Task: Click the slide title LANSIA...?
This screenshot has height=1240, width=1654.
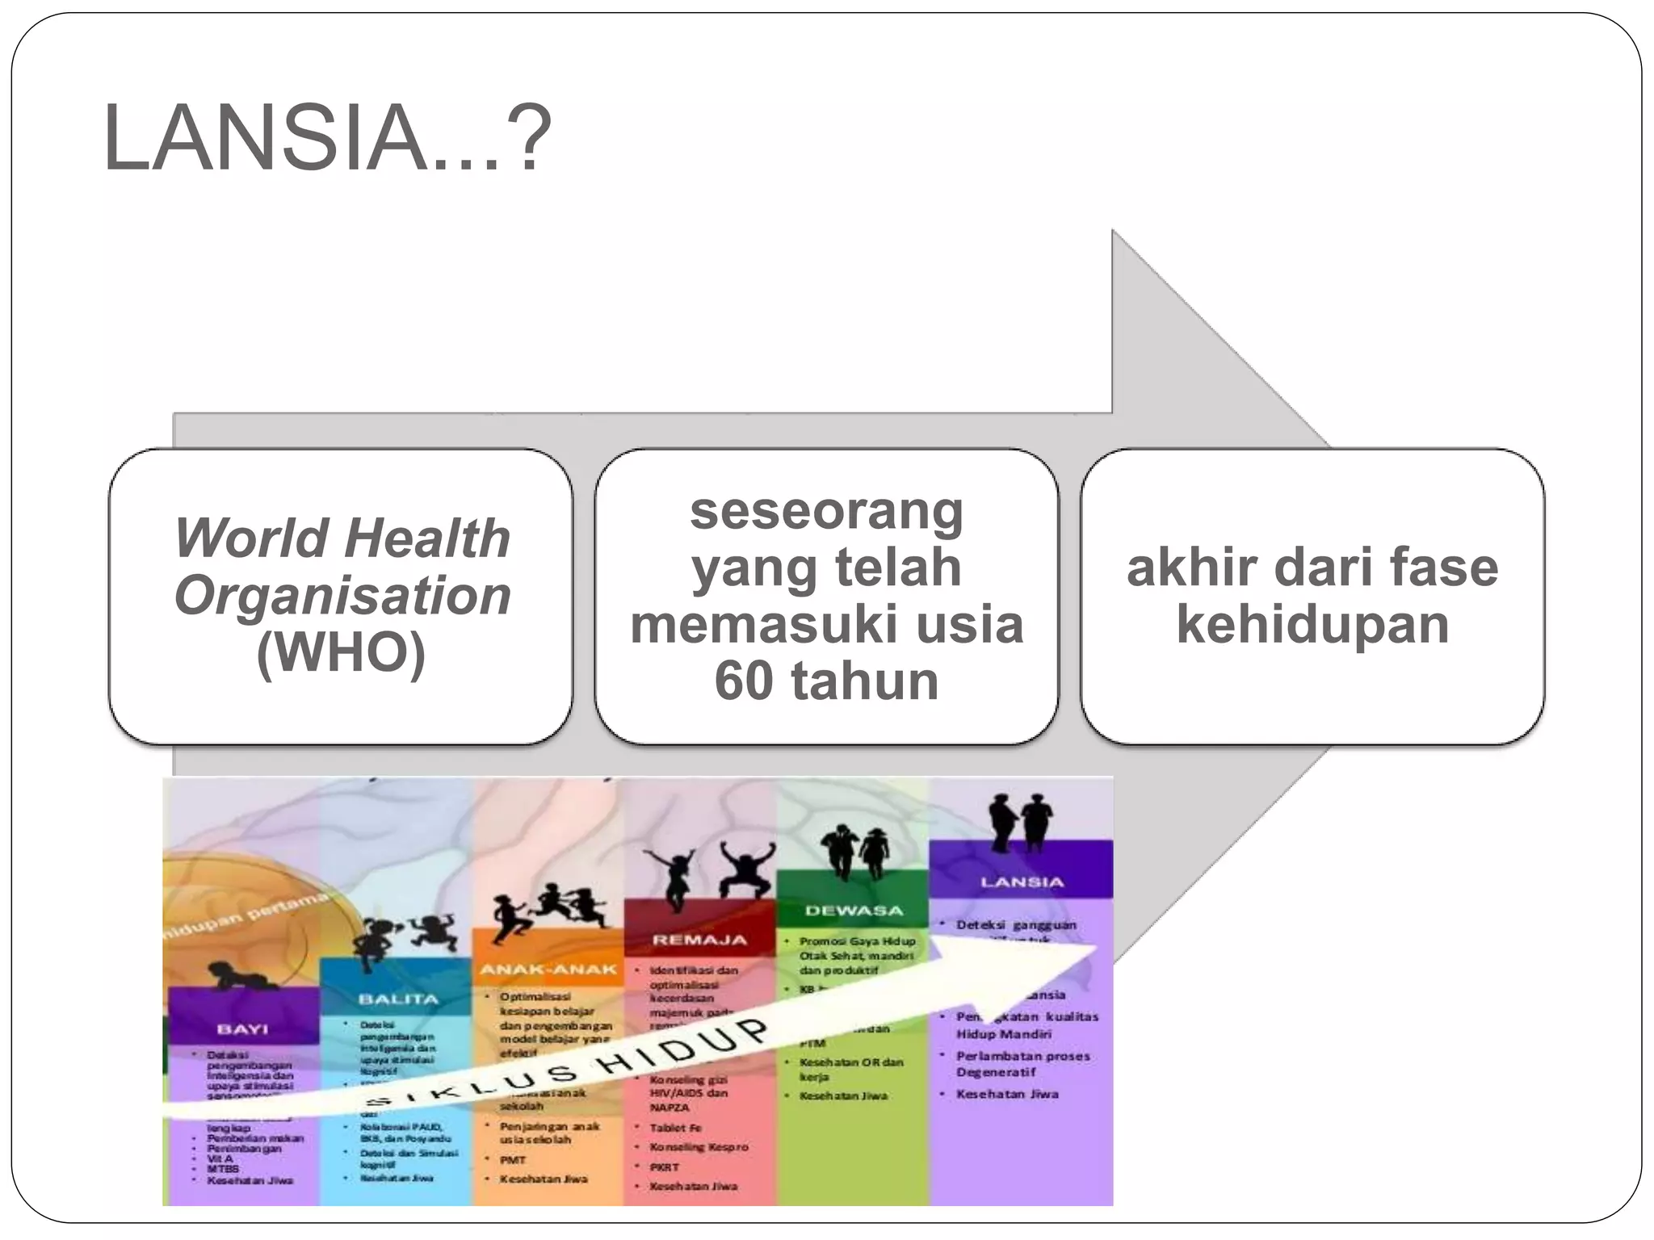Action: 327,138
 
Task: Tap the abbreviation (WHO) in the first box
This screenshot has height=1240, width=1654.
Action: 341,652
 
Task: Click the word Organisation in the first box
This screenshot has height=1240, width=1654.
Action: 342,596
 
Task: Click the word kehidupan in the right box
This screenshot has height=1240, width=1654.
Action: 1312,624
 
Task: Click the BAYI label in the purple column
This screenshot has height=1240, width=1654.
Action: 243,1028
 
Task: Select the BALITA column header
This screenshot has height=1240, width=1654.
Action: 397,999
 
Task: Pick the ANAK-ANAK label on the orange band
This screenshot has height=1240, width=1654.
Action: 548,969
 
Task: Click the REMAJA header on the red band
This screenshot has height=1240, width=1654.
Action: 700,940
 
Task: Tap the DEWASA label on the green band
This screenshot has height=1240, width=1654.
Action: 854,910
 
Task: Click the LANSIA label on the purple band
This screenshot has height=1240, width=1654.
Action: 1022,882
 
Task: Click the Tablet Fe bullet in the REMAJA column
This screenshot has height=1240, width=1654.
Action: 676,1128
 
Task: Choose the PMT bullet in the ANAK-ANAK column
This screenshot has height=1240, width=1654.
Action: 513,1160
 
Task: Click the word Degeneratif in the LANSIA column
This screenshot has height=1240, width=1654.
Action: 996,1072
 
